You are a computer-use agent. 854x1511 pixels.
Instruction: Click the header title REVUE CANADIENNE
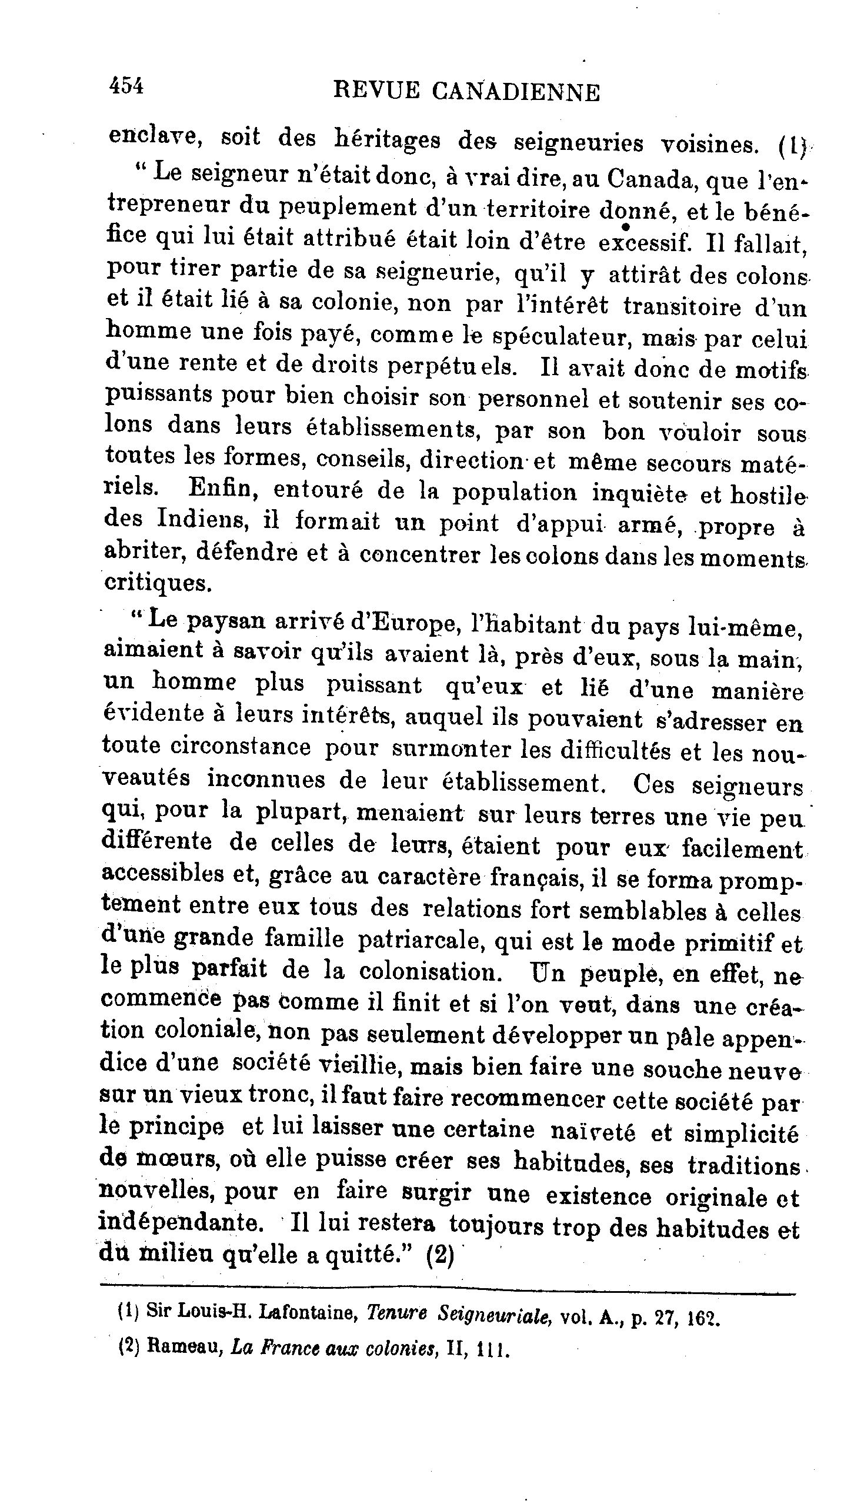tap(466, 92)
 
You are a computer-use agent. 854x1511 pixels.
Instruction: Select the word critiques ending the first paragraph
tap(157, 583)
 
